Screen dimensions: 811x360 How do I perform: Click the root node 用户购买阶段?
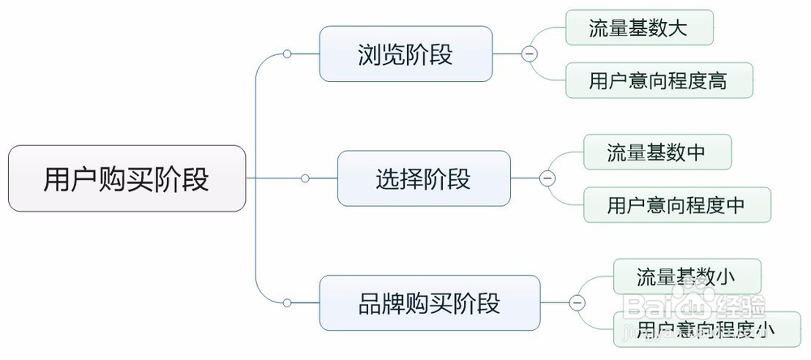click(127, 178)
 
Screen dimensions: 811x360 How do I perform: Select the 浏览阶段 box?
click(405, 54)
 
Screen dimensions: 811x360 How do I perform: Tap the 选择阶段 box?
click(423, 178)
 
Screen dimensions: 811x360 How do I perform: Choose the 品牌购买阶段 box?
click(429, 303)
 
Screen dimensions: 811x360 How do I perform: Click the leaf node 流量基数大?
click(639, 28)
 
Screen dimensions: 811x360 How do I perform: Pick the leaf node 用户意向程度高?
click(659, 80)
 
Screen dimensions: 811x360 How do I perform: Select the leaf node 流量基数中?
click(658, 152)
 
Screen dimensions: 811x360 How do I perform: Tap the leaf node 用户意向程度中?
click(677, 205)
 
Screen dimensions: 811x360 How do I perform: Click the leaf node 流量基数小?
click(687, 276)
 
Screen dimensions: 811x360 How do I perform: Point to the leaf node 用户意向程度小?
click(706, 329)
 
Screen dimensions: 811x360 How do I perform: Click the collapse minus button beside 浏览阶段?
click(529, 54)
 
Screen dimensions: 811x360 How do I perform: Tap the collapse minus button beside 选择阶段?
click(547, 178)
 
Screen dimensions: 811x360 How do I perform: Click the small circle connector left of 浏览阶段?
click(287, 54)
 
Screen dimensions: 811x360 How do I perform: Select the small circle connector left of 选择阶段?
click(305, 178)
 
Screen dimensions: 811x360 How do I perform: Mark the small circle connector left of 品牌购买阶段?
click(287, 303)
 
